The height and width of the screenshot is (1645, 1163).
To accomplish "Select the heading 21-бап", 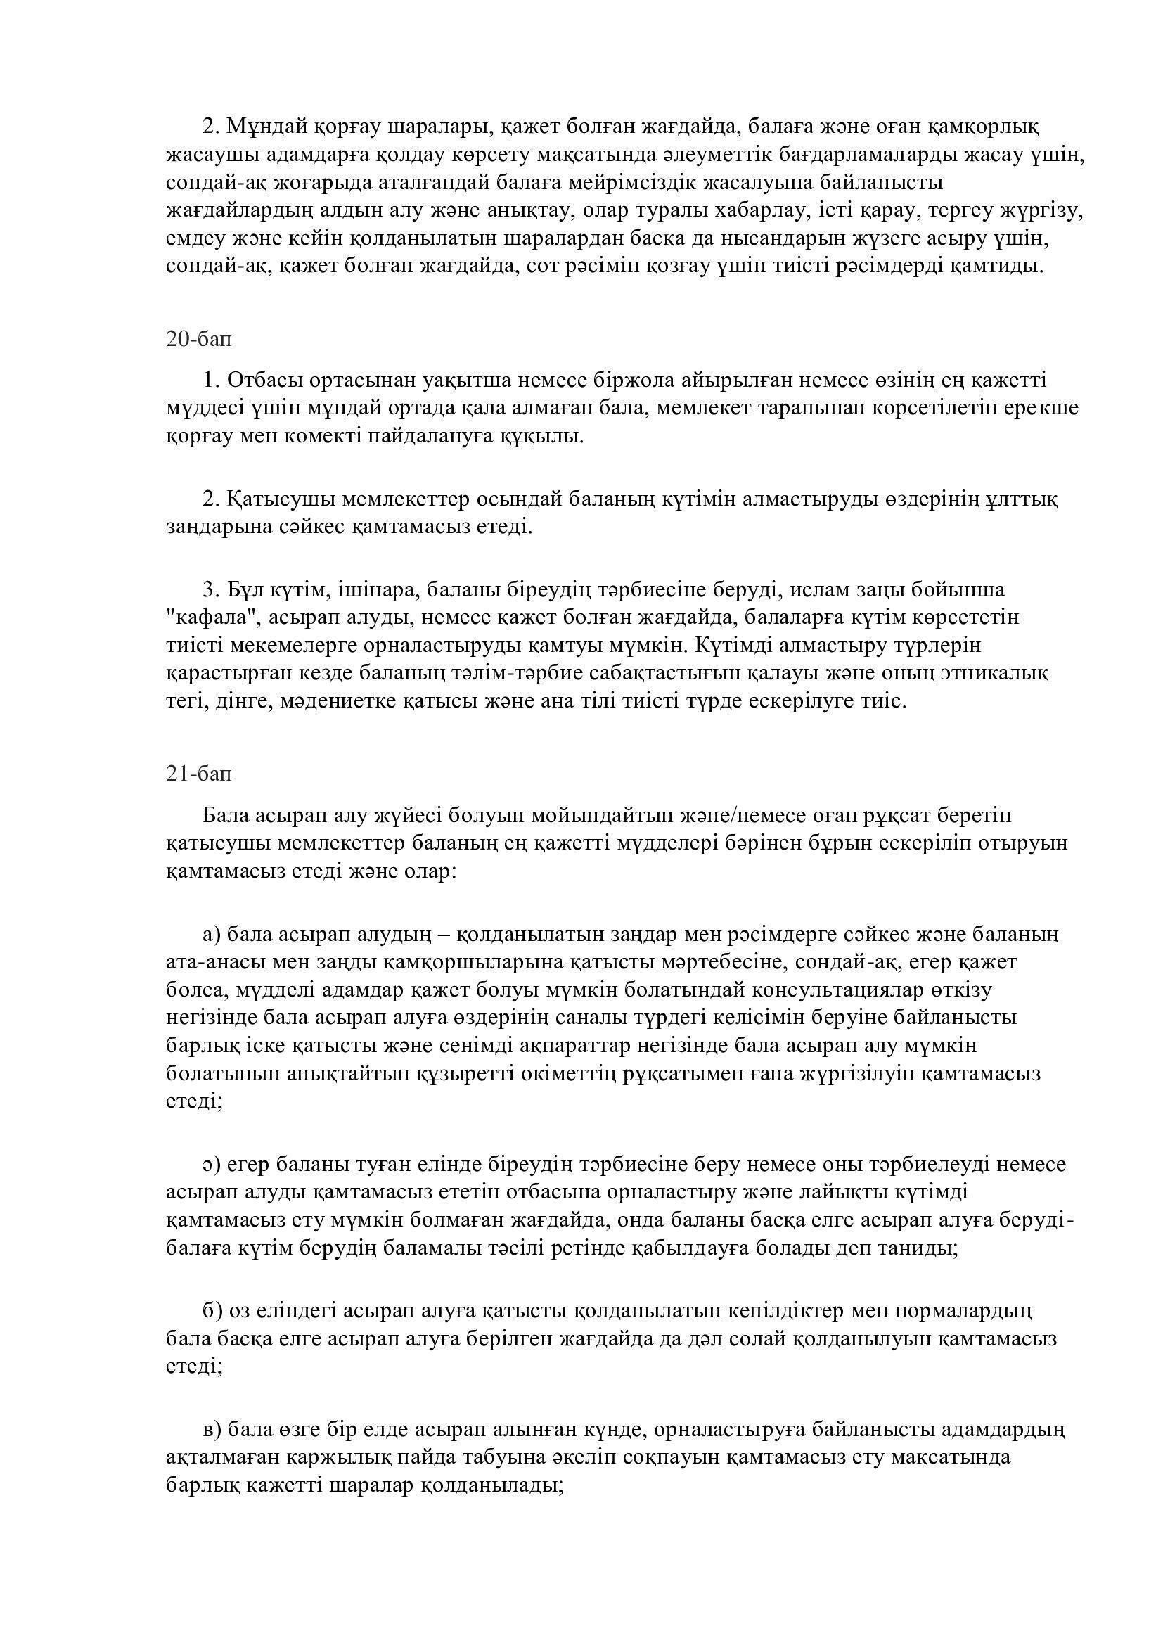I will (x=198, y=774).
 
